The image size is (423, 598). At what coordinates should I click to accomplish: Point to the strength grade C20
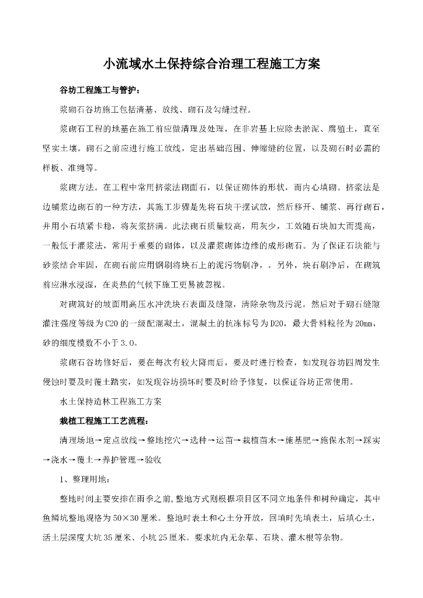pos(111,323)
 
